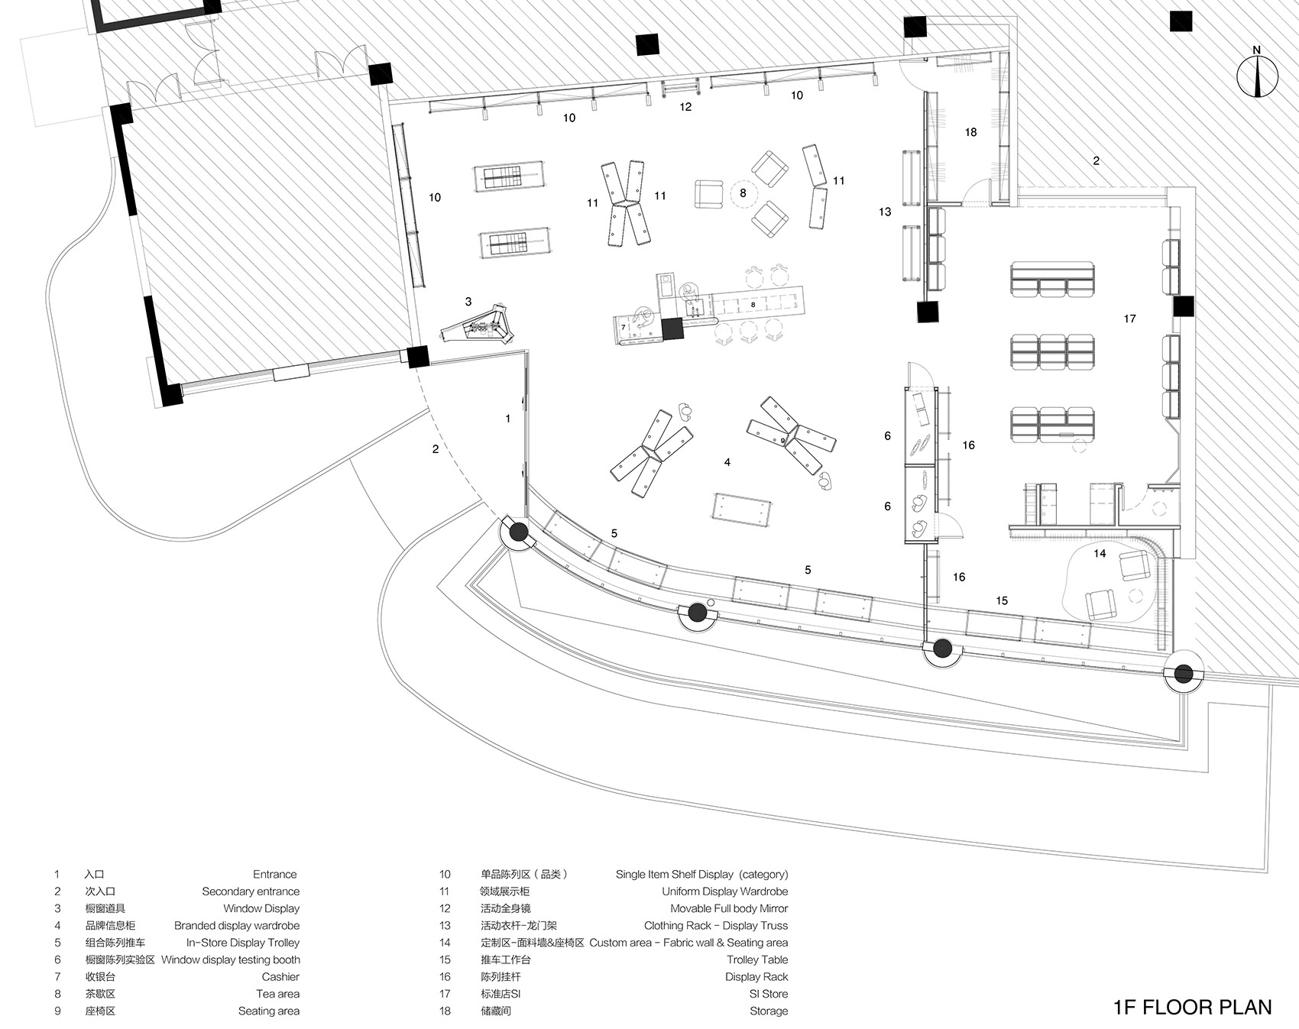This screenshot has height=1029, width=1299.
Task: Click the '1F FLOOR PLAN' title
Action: tap(1192, 1007)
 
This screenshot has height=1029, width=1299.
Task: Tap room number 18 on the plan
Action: tap(970, 132)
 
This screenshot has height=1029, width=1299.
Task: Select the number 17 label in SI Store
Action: tap(1129, 319)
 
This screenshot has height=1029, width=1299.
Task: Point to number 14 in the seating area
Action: tap(1100, 553)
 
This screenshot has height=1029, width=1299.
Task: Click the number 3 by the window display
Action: tap(468, 302)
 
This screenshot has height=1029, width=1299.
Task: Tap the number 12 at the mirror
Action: tap(685, 107)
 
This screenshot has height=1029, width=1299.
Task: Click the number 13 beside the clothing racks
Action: tap(885, 212)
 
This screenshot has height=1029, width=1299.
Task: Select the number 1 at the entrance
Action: tap(507, 419)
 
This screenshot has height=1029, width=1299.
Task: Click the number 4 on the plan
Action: tap(727, 462)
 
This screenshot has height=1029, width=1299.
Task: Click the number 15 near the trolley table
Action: tap(1001, 601)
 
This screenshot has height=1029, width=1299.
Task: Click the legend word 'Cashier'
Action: tap(280, 976)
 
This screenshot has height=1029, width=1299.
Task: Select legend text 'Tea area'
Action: tap(277, 994)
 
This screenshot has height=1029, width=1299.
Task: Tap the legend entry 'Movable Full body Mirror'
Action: tap(728, 908)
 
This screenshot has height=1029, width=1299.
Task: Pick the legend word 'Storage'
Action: tap(768, 1011)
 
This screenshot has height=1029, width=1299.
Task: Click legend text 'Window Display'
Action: tap(261, 908)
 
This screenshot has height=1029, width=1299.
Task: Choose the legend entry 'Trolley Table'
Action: tap(756, 959)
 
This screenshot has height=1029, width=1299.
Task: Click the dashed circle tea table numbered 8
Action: tap(743, 193)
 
